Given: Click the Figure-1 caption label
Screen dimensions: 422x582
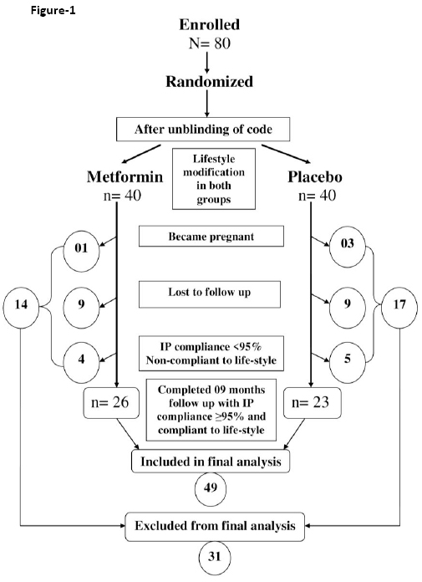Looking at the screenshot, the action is pos(53,10).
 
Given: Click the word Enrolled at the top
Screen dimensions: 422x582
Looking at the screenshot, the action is pos(210,24).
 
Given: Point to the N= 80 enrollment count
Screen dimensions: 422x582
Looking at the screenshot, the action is pos(210,43).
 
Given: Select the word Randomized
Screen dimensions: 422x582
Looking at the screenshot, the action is pos(209,81).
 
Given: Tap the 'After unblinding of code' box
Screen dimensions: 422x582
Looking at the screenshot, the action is pos(203,129).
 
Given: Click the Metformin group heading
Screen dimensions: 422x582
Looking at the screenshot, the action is pos(125,176).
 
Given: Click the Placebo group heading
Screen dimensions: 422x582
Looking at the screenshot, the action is pos(315,176).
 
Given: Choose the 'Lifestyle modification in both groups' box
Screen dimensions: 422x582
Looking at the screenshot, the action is pos(214,179).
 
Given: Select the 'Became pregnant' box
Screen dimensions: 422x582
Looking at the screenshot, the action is pos(211,237).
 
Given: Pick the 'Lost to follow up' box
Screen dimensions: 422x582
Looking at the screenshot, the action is pos(210,294).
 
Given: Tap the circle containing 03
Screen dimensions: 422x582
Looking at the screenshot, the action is pos(348,245).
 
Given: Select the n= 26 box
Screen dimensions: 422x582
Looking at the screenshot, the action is pos(111,403).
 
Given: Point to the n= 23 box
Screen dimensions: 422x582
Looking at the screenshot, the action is pos(313,403).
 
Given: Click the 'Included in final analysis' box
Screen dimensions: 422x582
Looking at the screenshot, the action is pos(211,462).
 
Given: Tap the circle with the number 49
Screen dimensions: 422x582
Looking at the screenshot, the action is pos(211,488).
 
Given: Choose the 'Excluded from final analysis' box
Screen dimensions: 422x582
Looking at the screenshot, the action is pos(215,527).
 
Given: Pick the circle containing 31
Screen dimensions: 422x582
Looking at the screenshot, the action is pos(215,557).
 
